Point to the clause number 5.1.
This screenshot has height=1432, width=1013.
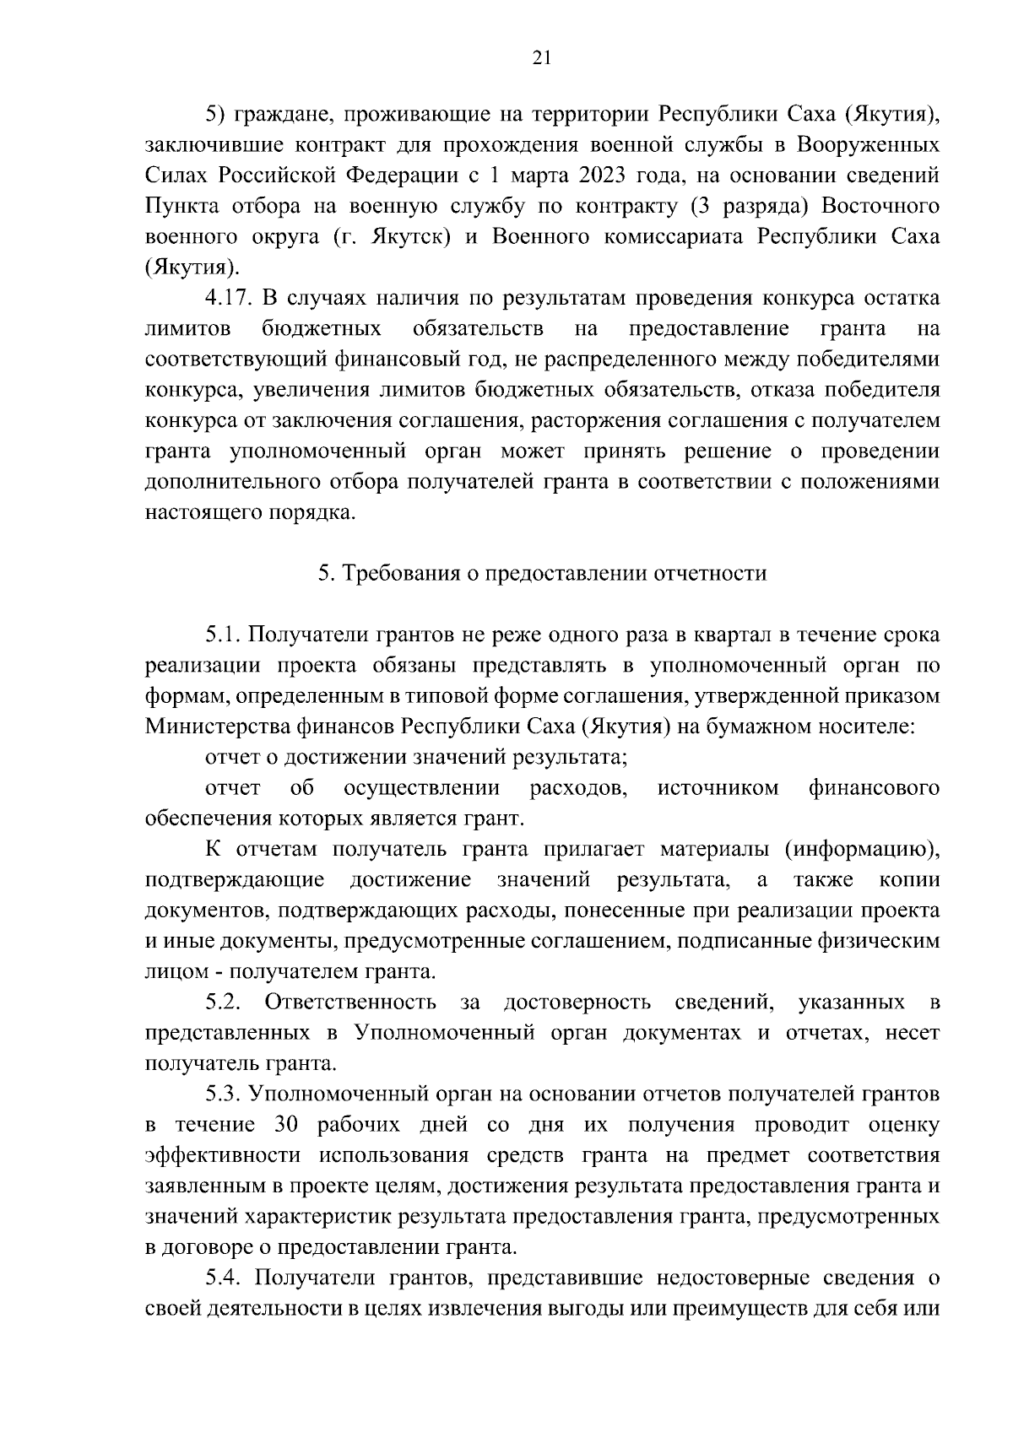coord(223,634)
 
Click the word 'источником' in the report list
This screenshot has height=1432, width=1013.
coord(718,787)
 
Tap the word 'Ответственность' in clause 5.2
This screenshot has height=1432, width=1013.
coord(350,1002)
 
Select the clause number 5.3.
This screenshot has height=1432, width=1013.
coord(223,1094)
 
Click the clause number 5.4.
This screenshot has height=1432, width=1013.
coord(223,1278)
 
